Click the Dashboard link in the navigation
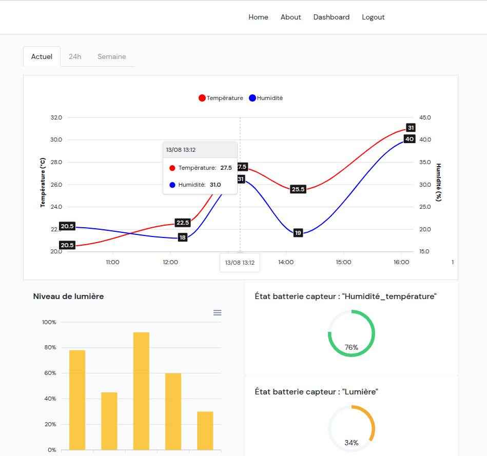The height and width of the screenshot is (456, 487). (331, 17)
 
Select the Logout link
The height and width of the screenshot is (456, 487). (373, 17)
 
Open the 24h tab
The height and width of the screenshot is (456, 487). (75, 56)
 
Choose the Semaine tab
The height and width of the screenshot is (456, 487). (112, 56)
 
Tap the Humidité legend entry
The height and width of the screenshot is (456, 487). (266, 98)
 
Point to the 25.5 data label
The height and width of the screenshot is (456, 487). (298, 189)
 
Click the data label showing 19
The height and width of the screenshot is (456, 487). (298, 233)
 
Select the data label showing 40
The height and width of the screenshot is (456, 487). (410, 139)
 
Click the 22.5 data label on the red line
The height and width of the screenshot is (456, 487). (183, 223)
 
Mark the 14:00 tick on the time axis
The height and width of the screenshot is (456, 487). (286, 262)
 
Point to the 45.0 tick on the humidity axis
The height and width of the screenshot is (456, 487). (425, 117)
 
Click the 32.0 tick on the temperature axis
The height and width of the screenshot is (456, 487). (56, 117)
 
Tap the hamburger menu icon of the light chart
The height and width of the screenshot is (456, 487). (217, 312)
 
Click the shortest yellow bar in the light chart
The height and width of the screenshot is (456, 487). (205, 430)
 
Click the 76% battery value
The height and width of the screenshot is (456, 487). (352, 347)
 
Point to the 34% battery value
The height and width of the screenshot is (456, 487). (352, 443)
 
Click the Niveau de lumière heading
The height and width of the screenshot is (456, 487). (68, 296)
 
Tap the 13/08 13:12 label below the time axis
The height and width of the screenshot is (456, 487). (240, 262)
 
